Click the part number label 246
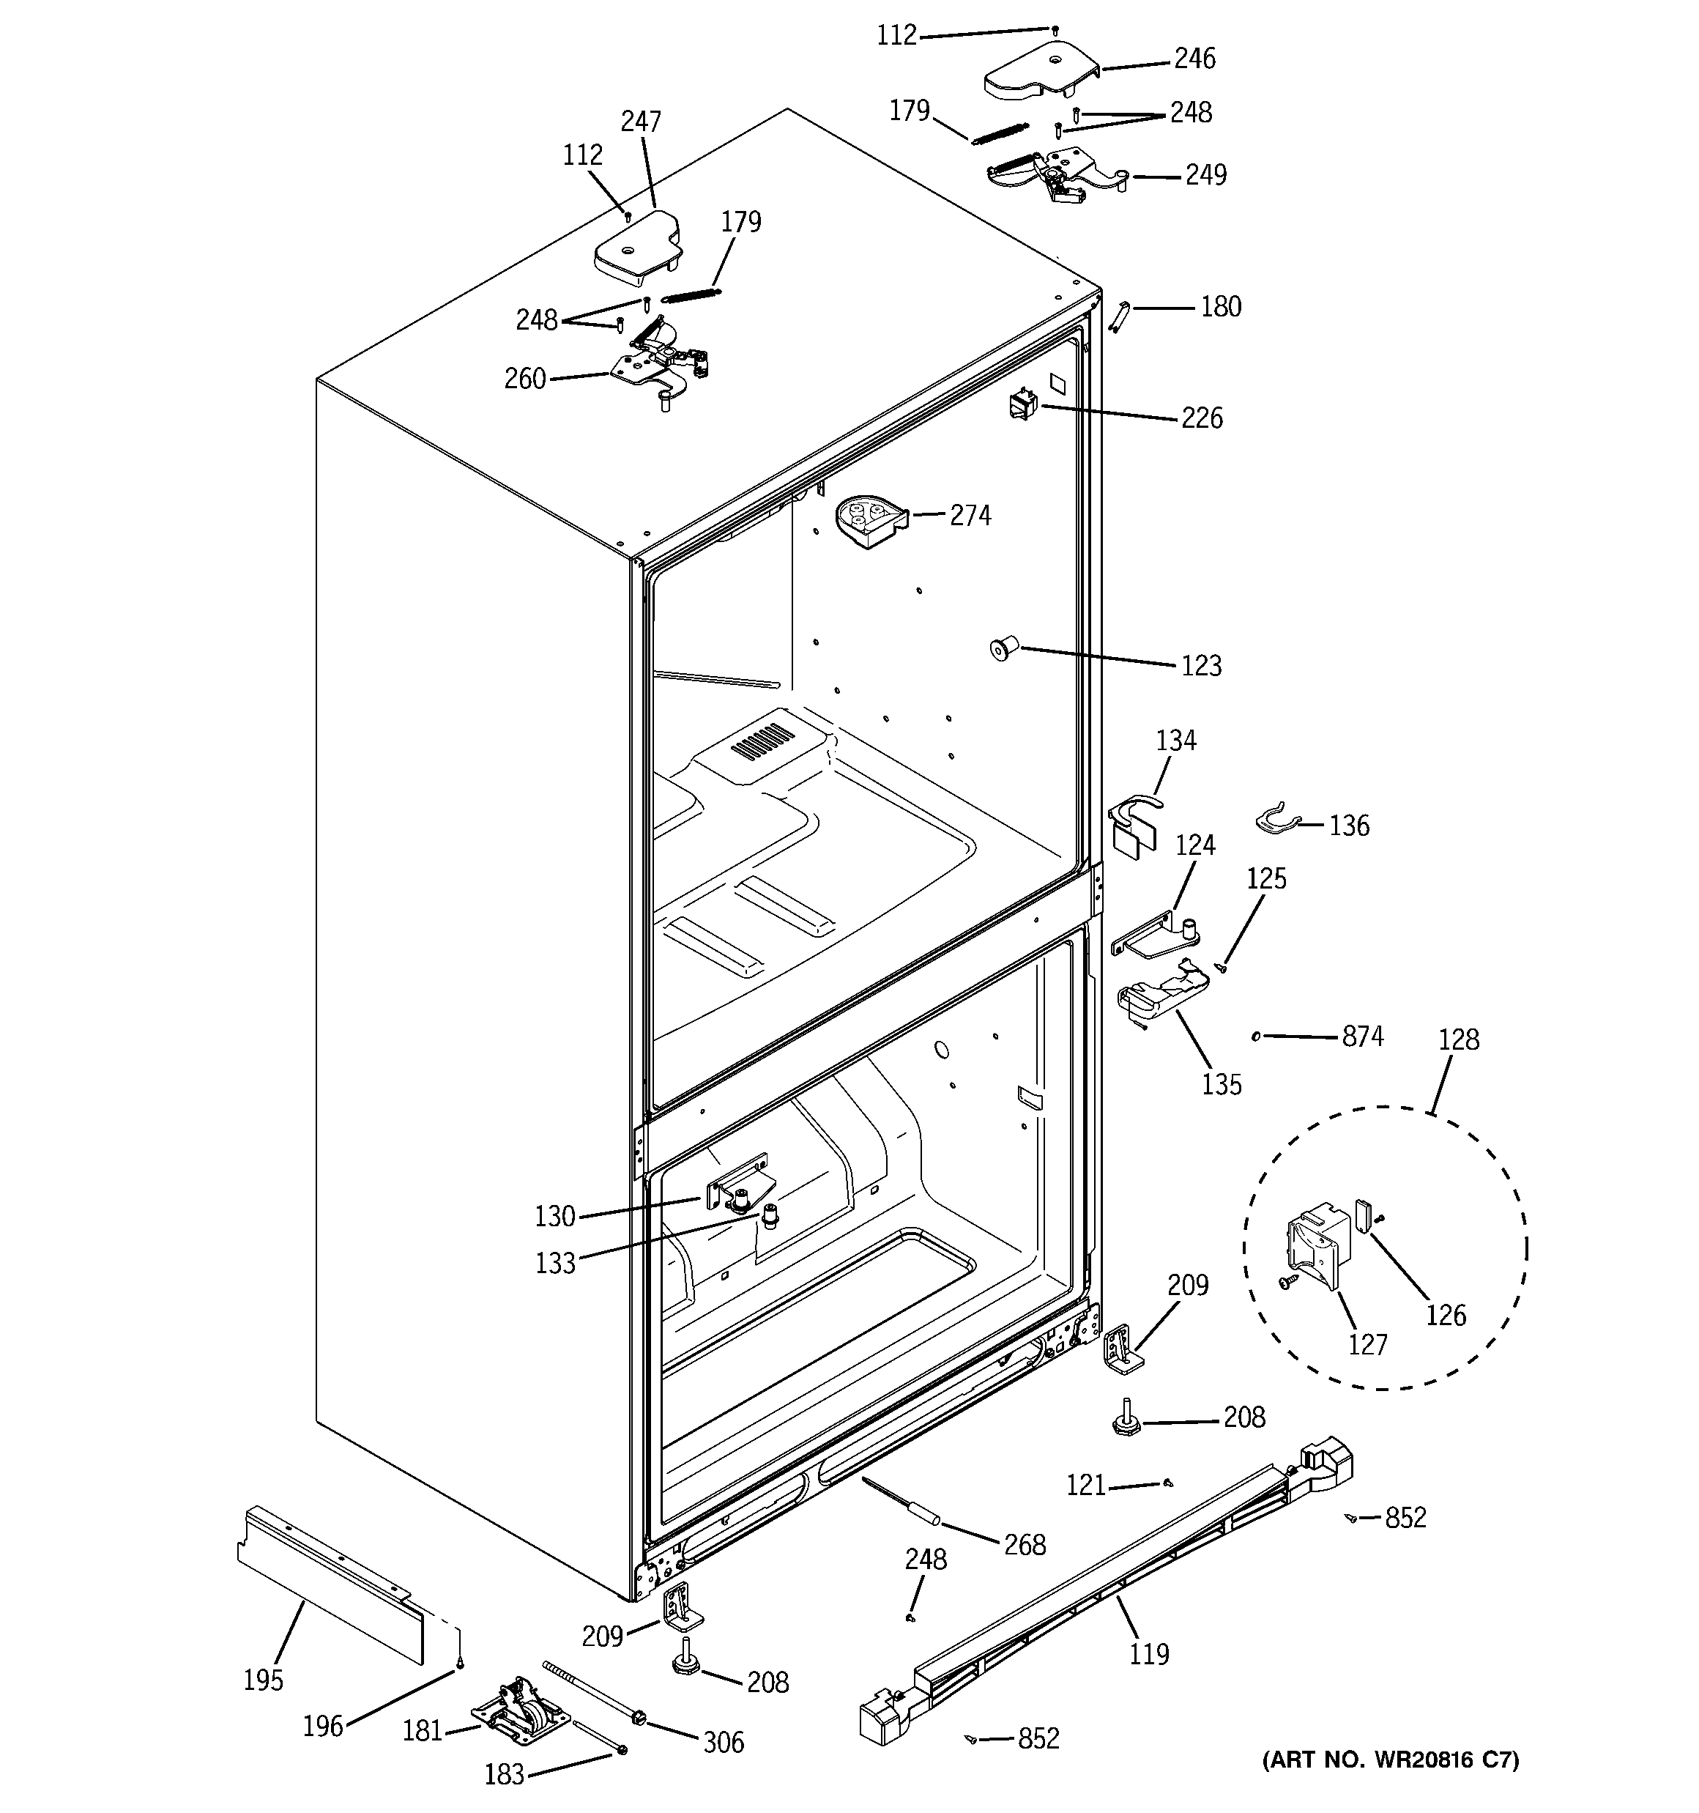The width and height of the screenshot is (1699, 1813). [x=1194, y=59]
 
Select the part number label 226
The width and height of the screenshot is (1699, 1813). [x=1201, y=418]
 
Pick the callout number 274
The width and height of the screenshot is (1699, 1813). [x=970, y=516]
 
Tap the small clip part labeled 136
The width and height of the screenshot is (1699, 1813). [x=1274, y=818]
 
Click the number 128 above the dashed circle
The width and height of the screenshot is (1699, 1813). [x=1458, y=1039]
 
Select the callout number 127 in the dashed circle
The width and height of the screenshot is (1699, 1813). [x=1367, y=1345]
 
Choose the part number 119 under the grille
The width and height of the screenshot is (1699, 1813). [x=1148, y=1653]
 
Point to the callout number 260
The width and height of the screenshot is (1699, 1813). [x=524, y=379]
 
